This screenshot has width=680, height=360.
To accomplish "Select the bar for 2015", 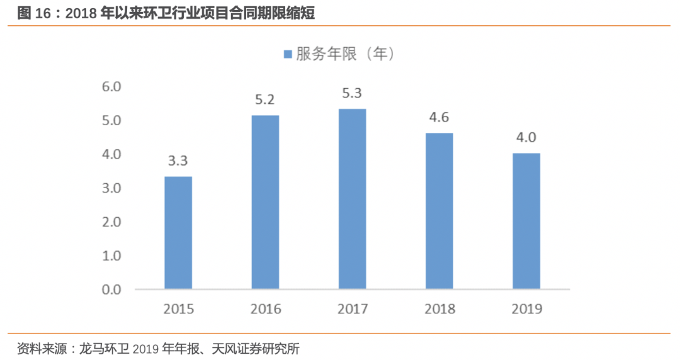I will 178,233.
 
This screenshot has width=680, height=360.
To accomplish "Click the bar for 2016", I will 265,203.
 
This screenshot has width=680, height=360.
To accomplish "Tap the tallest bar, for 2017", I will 352,199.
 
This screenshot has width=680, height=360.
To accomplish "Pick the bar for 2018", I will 439,211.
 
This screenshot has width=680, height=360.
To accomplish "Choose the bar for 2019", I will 526,221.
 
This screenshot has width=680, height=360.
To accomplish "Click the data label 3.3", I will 178,160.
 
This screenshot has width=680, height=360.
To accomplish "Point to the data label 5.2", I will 265,99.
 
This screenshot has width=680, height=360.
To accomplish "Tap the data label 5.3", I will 352,93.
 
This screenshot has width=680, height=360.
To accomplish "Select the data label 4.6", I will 439,117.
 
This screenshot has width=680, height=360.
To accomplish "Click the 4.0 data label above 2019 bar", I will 526,137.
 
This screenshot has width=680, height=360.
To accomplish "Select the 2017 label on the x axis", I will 352,309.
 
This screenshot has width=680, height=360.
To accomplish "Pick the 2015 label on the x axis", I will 178,309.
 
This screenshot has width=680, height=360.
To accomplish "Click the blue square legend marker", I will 288,55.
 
